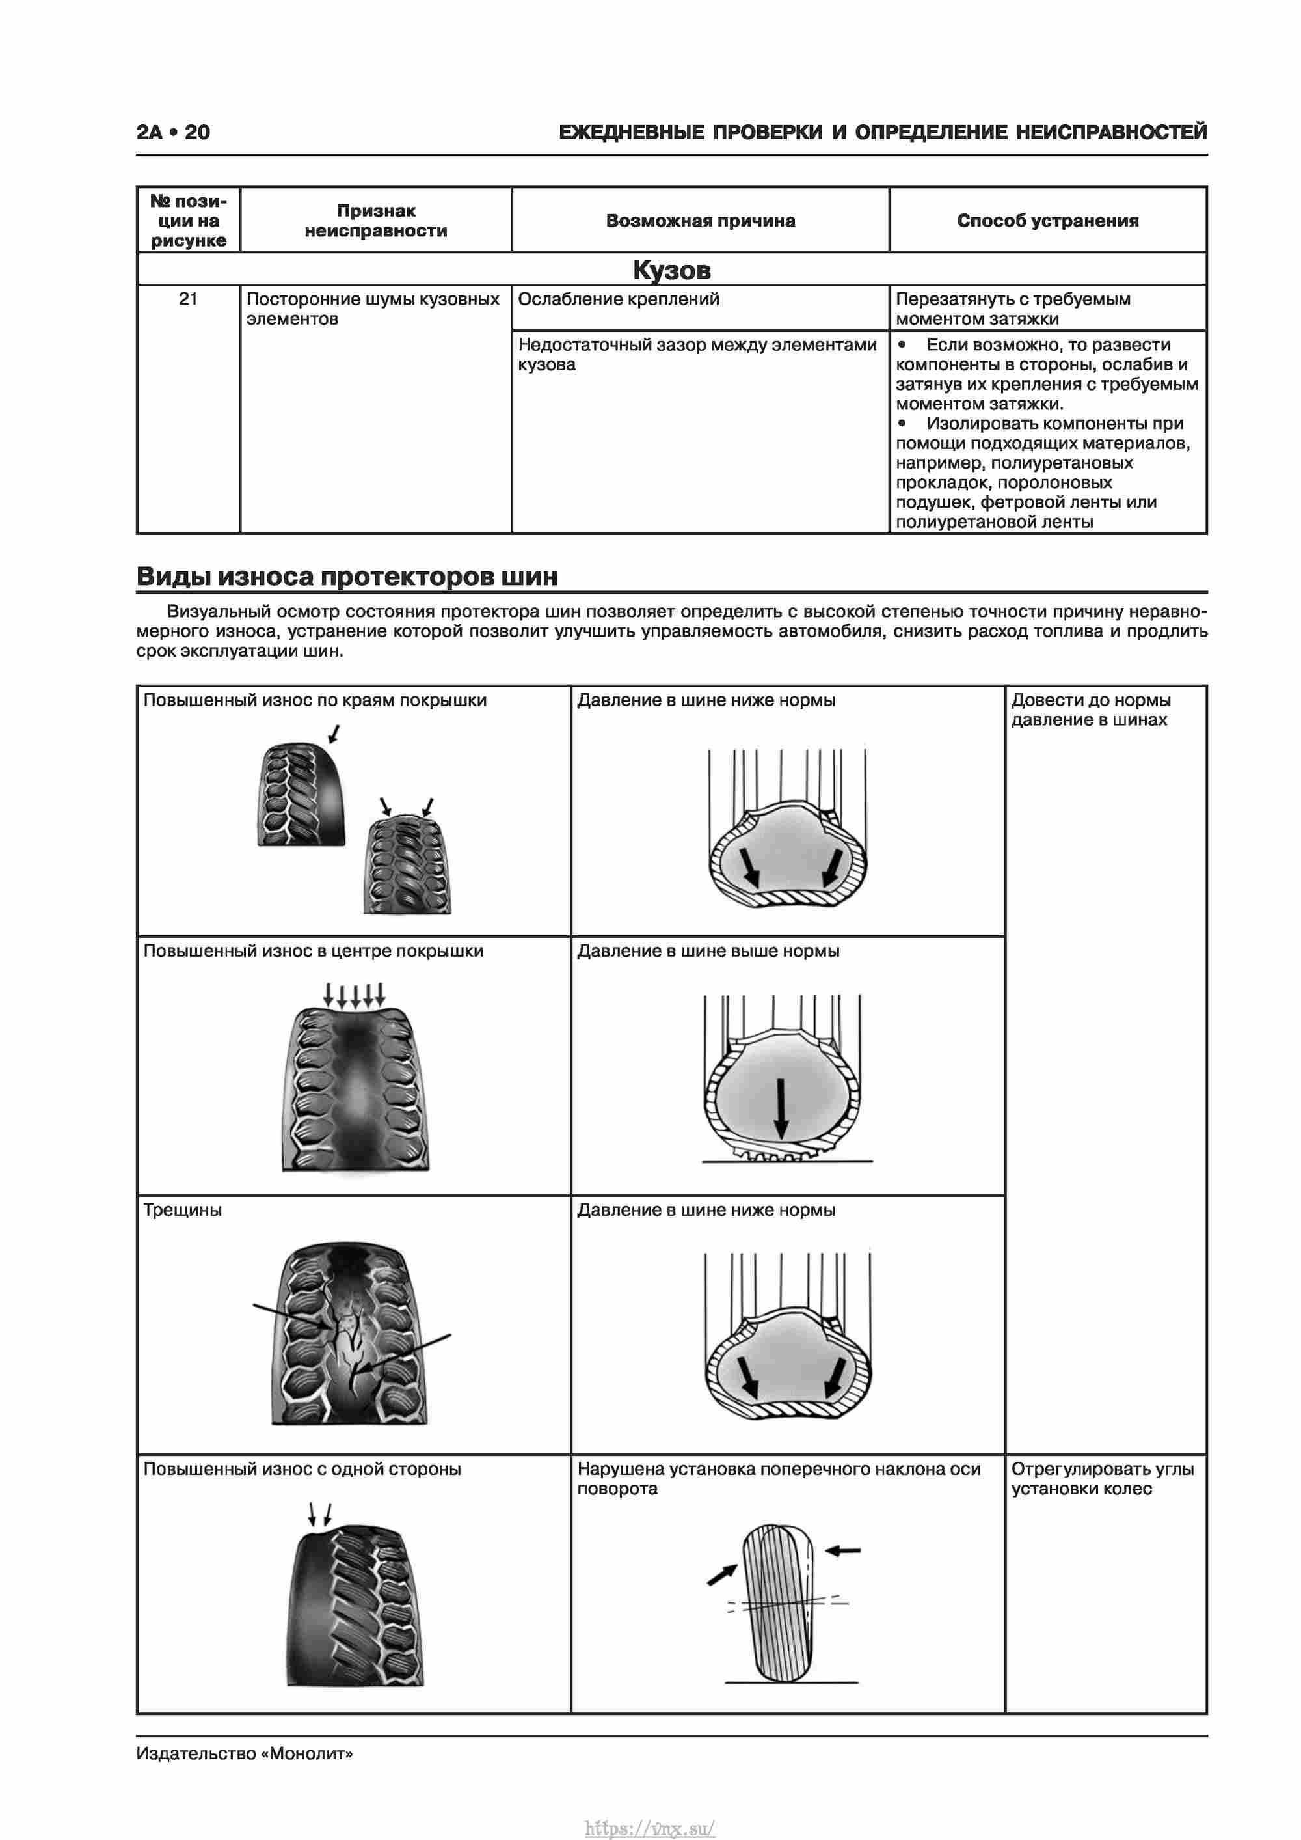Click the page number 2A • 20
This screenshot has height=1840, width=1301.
pos(173,132)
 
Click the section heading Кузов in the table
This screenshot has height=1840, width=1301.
pos(671,270)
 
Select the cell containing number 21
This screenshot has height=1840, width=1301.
pos(188,299)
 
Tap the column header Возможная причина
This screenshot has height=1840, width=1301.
pos(700,221)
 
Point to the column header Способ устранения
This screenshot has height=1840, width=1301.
pos(1047,221)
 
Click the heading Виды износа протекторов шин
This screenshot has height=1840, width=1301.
pos(347,576)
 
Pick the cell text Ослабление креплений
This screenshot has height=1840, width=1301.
pos(619,299)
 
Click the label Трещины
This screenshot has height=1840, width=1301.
pos(183,1209)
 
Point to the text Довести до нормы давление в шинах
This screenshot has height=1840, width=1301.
pos(1090,709)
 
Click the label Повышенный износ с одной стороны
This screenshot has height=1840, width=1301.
pos(302,1468)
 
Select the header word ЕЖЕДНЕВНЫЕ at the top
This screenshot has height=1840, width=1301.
pos(631,132)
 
